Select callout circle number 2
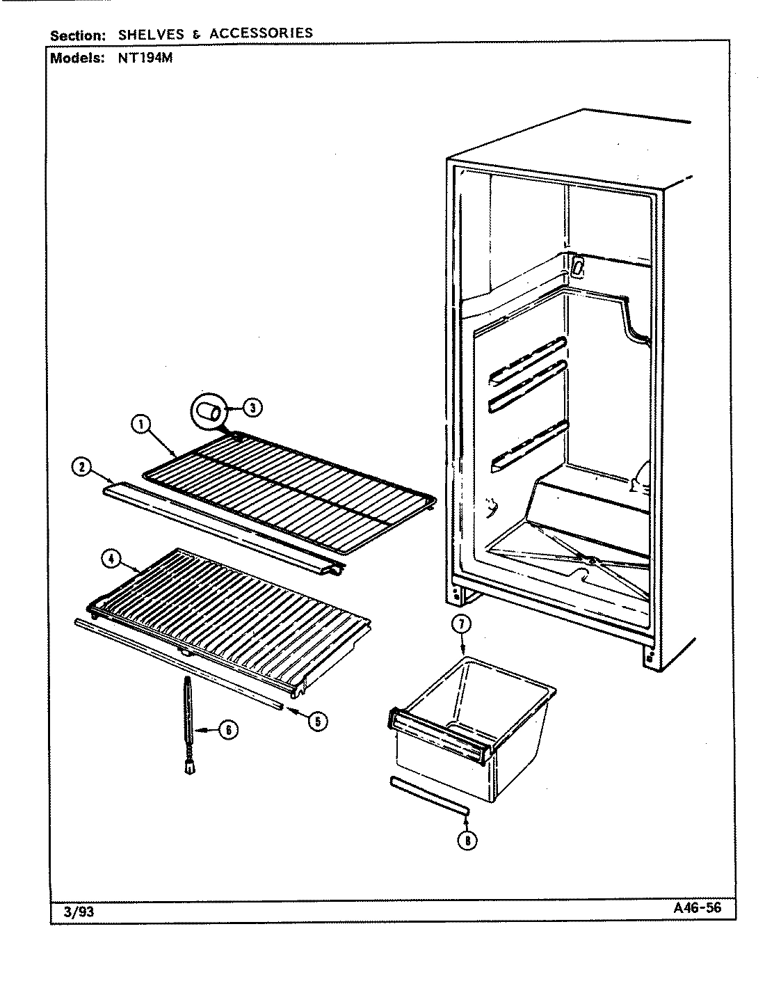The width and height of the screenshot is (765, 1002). coord(82,468)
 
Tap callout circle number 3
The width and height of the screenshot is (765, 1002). coord(252,408)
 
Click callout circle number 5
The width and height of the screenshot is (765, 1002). coord(316,721)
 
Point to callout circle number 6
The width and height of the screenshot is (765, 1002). coord(227,730)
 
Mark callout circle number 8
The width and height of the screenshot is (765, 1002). coord(468,841)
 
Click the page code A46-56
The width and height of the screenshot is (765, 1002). coord(696,909)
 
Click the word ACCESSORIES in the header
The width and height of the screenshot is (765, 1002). coord(261,33)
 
